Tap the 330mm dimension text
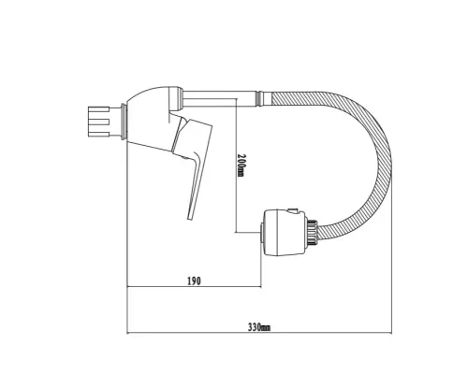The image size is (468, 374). (258, 327)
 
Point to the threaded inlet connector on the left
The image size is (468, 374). (96, 121)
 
